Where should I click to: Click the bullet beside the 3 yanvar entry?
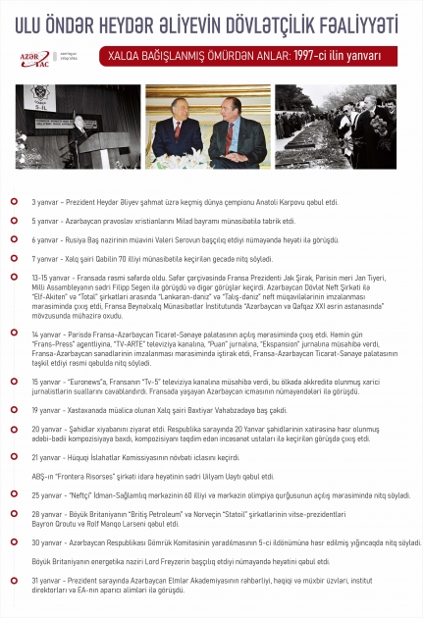point(14,200)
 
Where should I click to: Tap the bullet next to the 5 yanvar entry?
point(14,219)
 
